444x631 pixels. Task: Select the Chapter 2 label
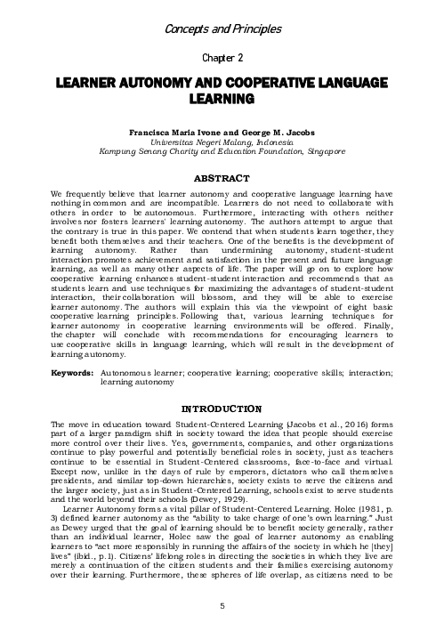click(222, 58)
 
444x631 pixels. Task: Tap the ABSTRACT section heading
click(222, 179)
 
